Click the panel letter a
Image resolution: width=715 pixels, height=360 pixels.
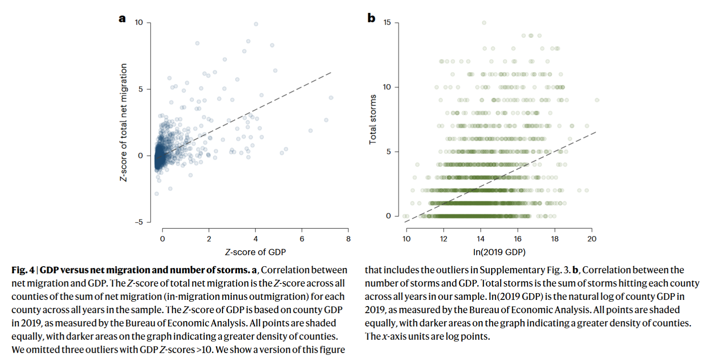pyautogui.click(x=122, y=19)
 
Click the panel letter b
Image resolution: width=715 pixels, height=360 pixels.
pyautogui.click(x=371, y=18)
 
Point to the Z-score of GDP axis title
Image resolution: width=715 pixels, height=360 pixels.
pyautogui.click(x=255, y=252)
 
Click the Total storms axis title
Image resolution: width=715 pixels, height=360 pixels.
pyautogui.click(x=373, y=119)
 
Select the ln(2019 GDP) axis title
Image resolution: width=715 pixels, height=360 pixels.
pyautogui.click(x=499, y=252)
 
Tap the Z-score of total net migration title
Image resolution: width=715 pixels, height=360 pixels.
pyautogui.click(x=123, y=123)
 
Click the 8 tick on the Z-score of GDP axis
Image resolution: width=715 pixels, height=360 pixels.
pyautogui.click(x=348, y=239)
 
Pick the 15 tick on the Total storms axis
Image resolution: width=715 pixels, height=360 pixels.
pyautogui.click(x=387, y=23)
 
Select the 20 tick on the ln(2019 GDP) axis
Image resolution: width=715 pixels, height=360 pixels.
pyautogui.click(x=592, y=239)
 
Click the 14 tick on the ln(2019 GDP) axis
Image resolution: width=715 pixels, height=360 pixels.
pyautogui.click(x=481, y=239)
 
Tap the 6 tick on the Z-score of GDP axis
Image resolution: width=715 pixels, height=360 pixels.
pyautogui.click(x=302, y=239)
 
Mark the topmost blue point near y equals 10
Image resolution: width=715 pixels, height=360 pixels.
pyautogui.click(x=256, y=24)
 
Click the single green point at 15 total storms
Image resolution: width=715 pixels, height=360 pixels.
pyautogui.click(x=484, y=23)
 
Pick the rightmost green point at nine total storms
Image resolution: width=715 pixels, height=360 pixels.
pyautogui.click(x=597, y=100)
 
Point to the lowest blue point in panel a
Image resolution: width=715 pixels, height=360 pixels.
pyautogui.click(x=156, y=194)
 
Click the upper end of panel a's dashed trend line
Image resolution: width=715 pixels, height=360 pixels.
pyautogui.click(x=331, y=72)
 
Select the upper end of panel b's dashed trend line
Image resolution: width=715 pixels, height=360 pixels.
pyautogui.click(x=596, y=132)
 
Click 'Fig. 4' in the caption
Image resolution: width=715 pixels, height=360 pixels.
pyautogui.click(x=23, y=270)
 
